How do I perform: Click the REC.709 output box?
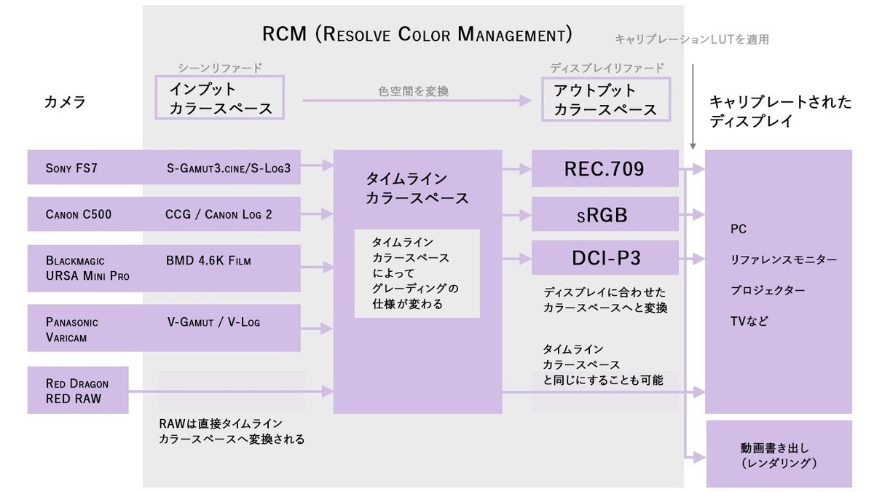pos(605,169)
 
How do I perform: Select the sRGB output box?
pos(605,215)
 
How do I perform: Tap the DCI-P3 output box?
pos(605,258)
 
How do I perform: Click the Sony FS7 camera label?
pos(71,168)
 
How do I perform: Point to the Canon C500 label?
pos(78,214)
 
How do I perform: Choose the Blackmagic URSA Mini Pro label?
pos(87,268)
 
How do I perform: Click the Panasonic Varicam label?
pos(71,328)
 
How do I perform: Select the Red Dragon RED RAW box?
pos(77,391)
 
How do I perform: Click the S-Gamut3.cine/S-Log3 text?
pos(228,168)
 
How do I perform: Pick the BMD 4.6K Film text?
pos(213,259)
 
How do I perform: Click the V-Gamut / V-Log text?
pos(213,321)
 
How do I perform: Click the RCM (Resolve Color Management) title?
pos(417,34)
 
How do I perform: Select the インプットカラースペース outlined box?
pos(219,98)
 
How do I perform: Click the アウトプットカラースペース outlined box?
pos(605,100)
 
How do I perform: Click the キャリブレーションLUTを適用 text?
pos(691,39)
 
